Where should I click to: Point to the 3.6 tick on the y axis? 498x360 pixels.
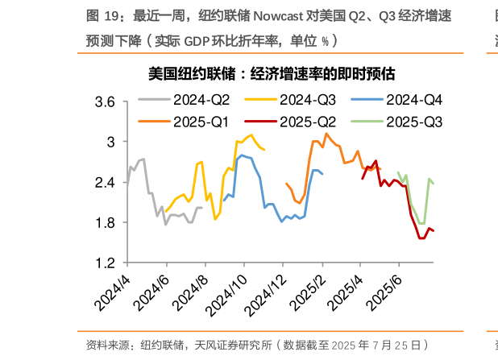pyautogui.click(x=106, y=101)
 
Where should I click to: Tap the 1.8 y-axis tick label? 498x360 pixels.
pyautogui.click(x=106, y=223)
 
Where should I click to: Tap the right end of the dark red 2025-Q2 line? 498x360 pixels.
pyautogui.click(x=434, y=231)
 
